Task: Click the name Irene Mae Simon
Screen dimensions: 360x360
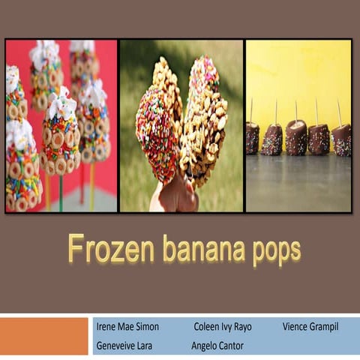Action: (127, 328)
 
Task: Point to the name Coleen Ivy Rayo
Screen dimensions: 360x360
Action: (223, 328)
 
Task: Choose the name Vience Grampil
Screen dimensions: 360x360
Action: (310, 328)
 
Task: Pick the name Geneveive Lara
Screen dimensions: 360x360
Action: (124, 346)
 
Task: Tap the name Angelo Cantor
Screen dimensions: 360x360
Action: (217, 346)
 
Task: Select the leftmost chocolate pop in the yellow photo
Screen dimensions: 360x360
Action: (252, 139)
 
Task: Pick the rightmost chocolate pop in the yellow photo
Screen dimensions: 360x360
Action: (342, 139)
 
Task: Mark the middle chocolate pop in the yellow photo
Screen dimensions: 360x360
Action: (296, 138)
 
